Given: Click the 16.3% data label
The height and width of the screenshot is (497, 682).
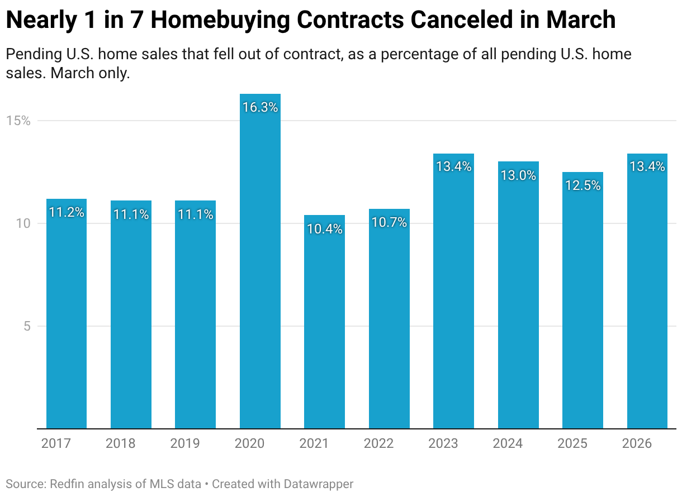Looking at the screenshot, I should (x=260, y=108).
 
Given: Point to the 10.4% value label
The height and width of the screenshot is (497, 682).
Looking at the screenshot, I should (x=324, y=229).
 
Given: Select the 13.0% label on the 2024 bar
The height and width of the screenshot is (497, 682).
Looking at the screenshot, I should (x=518, y=175).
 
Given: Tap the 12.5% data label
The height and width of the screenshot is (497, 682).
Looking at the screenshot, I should (x=582, y=185).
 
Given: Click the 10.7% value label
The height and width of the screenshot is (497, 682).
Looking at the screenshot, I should (x=389, y=223).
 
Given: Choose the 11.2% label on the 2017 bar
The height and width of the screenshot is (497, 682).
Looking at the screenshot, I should (x=67, y=213).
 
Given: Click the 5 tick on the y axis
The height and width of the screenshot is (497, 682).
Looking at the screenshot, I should (x=27, y=326).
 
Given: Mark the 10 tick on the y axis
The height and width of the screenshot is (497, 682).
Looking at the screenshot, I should (x=23, y=223).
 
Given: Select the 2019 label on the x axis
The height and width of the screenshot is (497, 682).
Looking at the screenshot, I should (x=185, y=444).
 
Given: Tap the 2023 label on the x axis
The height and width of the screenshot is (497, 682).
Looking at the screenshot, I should (x=443, y=444).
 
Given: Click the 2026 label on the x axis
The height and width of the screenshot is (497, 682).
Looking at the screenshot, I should (x=637, y=444).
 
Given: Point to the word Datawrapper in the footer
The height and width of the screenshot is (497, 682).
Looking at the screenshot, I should (x=318, y=484).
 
